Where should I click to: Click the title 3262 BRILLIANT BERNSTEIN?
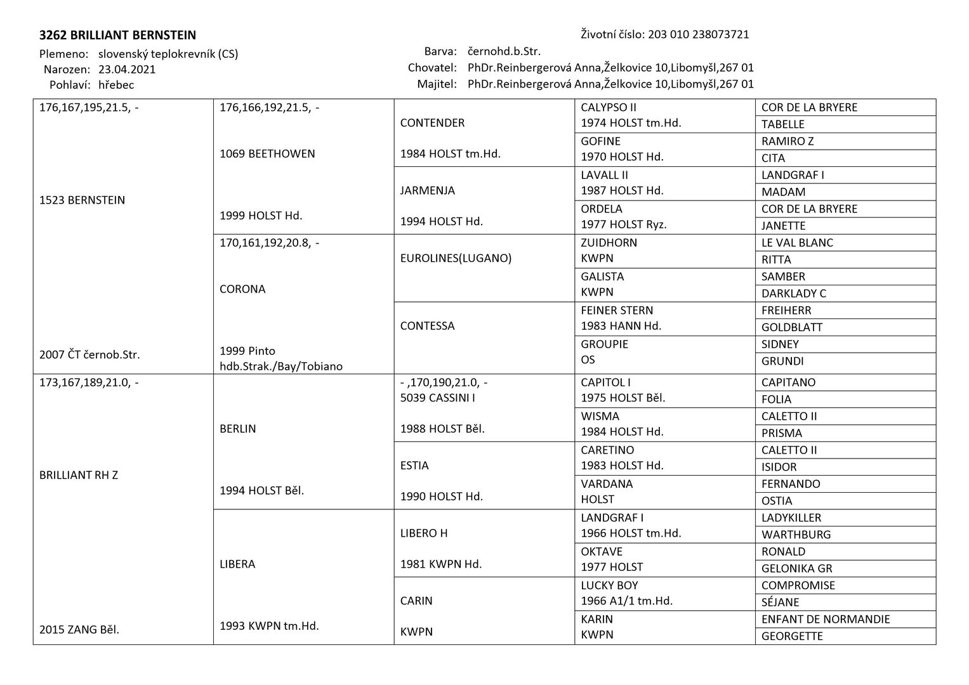click(117, 36)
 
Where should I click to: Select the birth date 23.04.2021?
click(127, 70)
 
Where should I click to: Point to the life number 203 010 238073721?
click(698, 34)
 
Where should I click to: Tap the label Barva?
click(440, 51)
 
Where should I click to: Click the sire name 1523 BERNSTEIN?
click(82, 200)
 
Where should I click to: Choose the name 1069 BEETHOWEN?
click(267, 153)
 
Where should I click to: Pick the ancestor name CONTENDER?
click(432, 123)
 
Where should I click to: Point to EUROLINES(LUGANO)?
click(456, 258)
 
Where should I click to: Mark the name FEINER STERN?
click(617, 310)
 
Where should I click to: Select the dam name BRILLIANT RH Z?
click(79, 475)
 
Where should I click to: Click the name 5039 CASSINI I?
click(438, 398)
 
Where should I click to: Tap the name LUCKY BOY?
click(609, 585)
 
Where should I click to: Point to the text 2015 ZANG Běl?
click(79, 630)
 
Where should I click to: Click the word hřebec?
click(116, 85)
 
